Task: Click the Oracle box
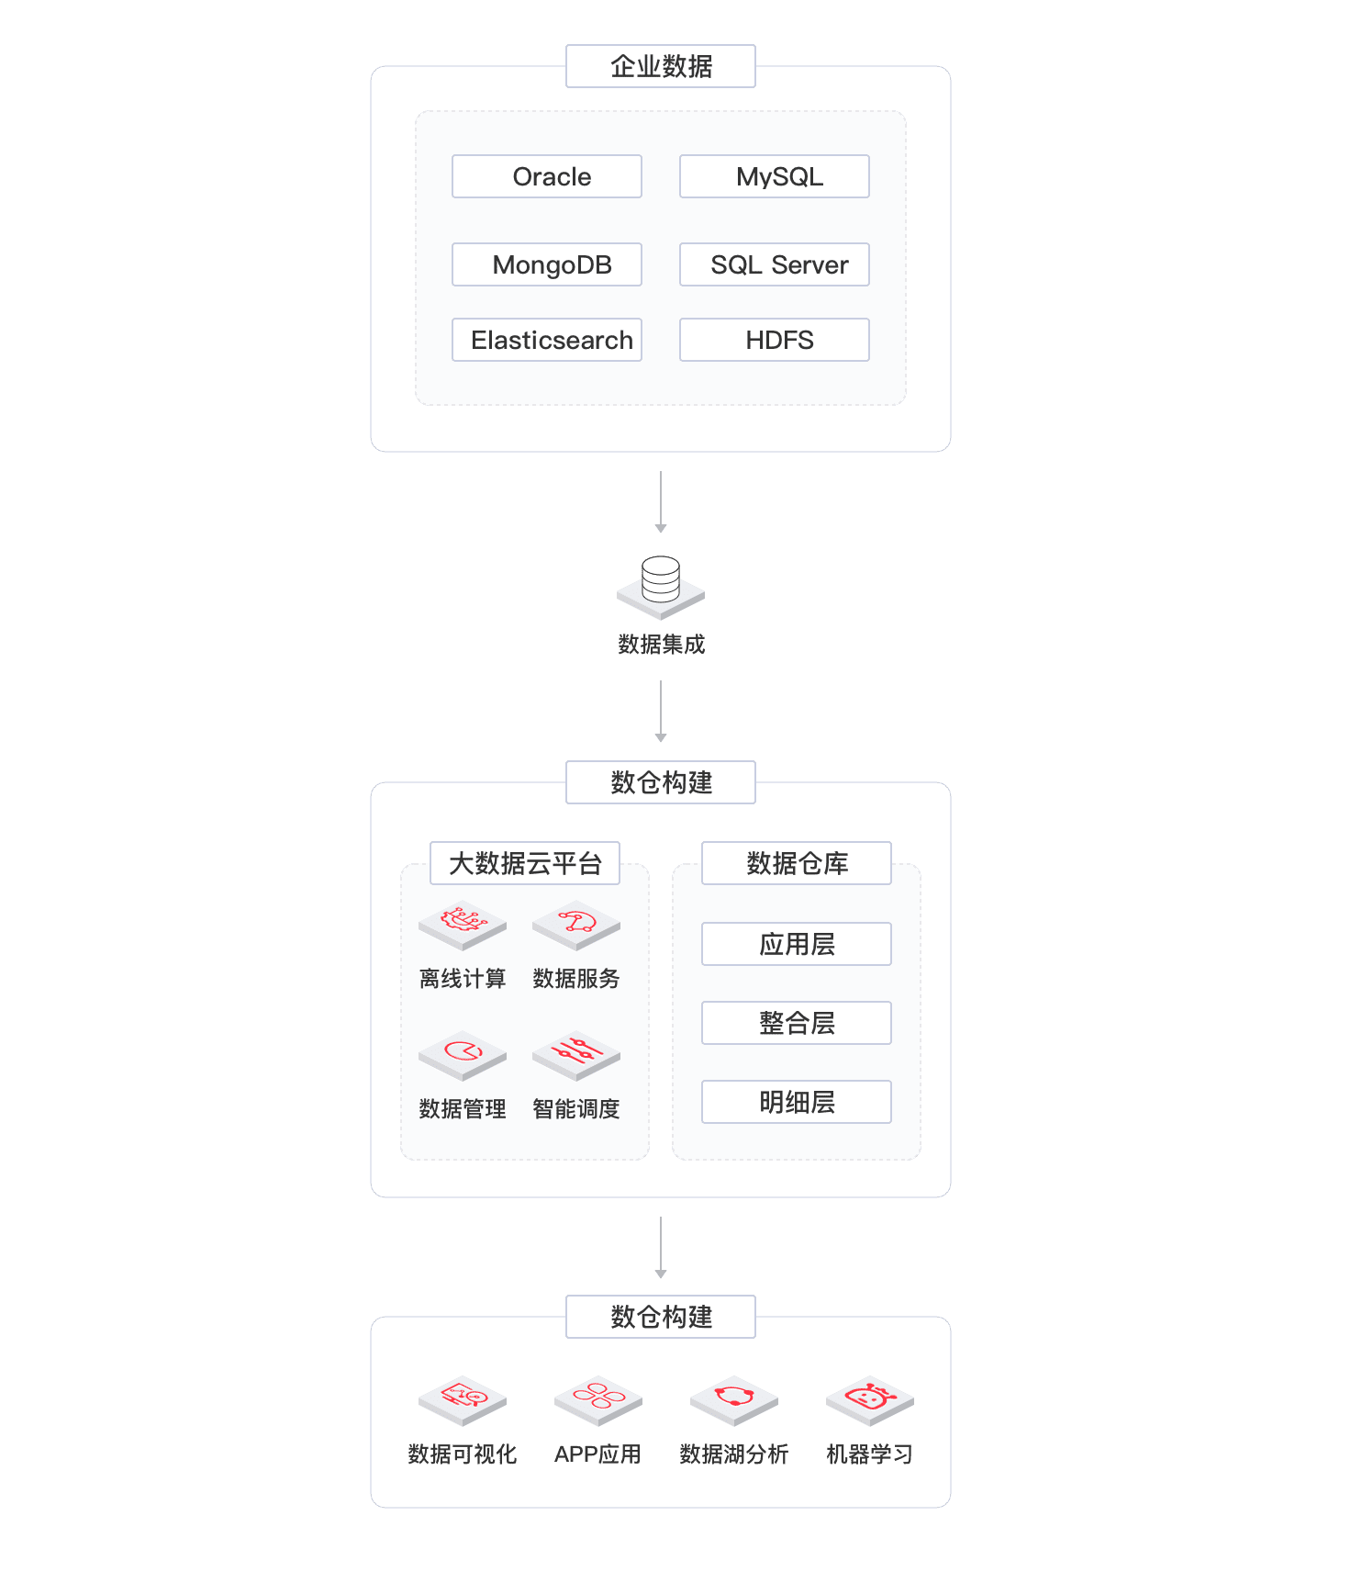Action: pyautogui.click(x=547, y=176)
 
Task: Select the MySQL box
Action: pyautogui.click(x=775, y=176)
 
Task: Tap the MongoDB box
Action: pyautogui.click(x=547, y=264)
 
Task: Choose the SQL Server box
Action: pyautogui.click(x=775, y=264)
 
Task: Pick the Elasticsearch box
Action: pyautogui.click(x=547, y=340)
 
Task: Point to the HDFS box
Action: pyautogui.click(x=775, y=340)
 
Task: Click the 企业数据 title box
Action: pyautogui.click(x=661, y=66)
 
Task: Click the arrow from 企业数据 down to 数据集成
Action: pyautogui.click(x=661, y=502)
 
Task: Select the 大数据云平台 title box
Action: pyautogui.click(x=525, y=863)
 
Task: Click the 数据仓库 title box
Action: pyautogui.click(x=797, y=863)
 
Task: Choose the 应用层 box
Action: pyautogui.click(x=797, y=944)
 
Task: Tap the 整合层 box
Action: pyautogui.click(x=797, y=1023)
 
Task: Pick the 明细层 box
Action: pyautogui.click(x=797, y=1102)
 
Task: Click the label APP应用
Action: pyautogui.click(x=597, y=1454)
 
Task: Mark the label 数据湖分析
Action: pyautogui.click(x=734, y=1454)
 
